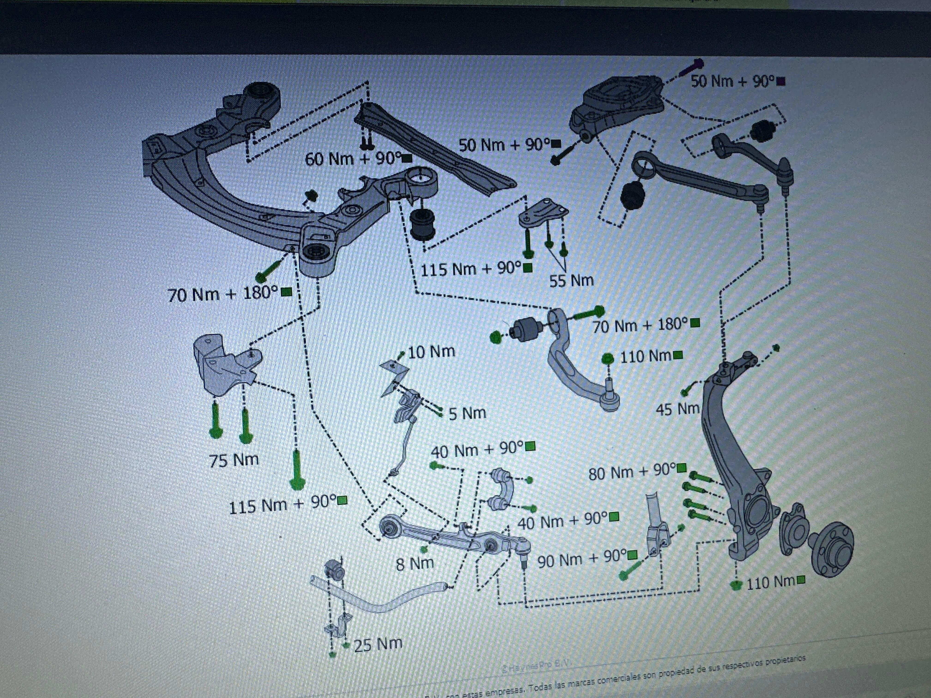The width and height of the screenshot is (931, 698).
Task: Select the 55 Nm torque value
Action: coord(571,281)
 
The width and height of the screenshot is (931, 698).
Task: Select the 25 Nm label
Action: coord(378,644)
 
